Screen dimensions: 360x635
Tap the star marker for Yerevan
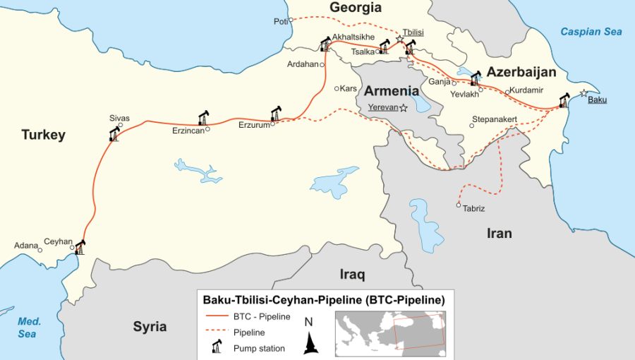pos(404,108)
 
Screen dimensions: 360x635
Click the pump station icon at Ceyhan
pos(80,247)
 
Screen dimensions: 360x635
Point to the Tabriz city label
pos(474,208)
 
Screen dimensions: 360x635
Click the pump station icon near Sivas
pos(114,134)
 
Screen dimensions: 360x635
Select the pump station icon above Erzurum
pos(276,113)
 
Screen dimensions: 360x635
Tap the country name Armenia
pos(392,91)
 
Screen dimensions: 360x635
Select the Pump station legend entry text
pos(259,348)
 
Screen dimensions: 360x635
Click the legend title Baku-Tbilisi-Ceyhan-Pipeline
pos(324,299)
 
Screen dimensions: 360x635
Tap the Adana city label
pos(26,246)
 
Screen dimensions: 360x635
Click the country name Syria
pos(150,326)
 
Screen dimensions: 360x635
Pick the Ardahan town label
pos(303,64)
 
